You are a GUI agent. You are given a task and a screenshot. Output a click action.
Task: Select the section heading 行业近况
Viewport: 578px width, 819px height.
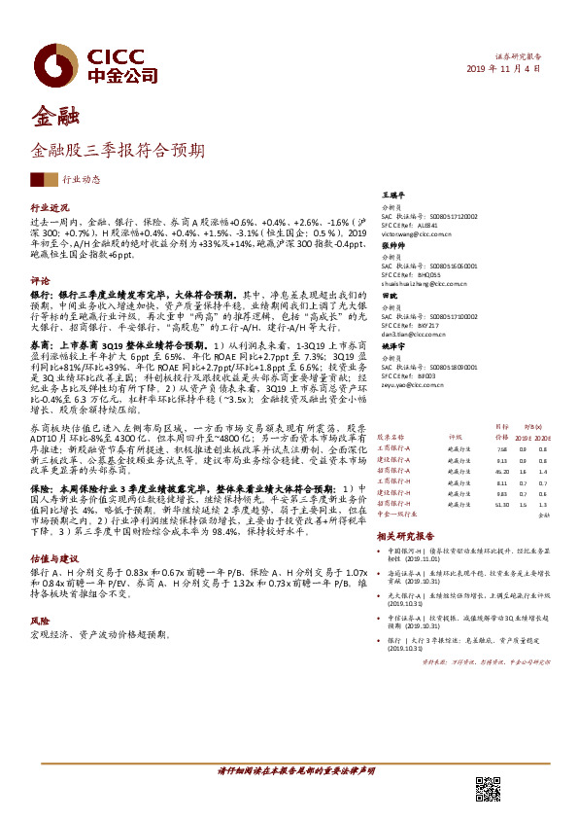51,208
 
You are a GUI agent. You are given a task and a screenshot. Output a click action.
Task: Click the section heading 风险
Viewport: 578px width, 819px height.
40,619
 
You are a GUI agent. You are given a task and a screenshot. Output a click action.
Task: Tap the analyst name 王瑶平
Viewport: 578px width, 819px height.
392,195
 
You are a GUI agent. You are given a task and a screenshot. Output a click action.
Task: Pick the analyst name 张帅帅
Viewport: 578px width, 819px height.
392,245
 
